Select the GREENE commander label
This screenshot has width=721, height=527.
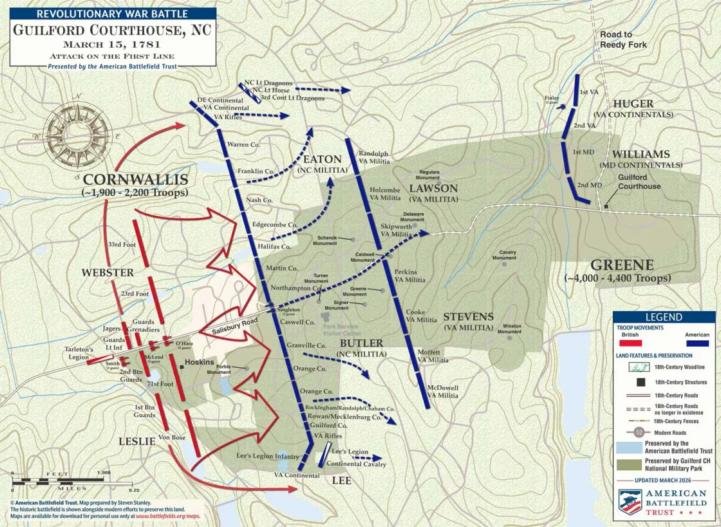[x=621, y=265]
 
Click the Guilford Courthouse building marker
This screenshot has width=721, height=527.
[x=606, y=207]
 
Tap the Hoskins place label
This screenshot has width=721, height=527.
[x=199, y=363]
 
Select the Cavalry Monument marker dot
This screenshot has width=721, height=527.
[x=504, y=263]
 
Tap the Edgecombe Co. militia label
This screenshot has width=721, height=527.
[x=274, y=225]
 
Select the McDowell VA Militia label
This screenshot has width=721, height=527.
[x=443, y=392]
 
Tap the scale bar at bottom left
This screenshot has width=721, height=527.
[x=61, y=481]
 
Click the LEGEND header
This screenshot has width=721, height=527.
[x=664, y=317]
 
